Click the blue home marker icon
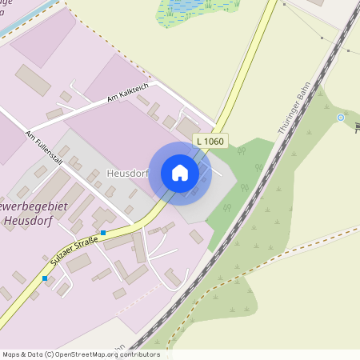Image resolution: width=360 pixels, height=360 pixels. click(x=180, y=173)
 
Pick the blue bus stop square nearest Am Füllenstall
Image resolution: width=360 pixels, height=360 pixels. click(x=103, y=233)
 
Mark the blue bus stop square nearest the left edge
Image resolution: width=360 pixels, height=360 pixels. click(x=46, y=278)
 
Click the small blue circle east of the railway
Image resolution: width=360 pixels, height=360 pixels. click(x=341, y=118)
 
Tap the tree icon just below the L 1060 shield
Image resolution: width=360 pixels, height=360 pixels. click(x=258, y=170)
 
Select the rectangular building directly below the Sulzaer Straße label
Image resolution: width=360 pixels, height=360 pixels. click(x=78, y=263)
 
